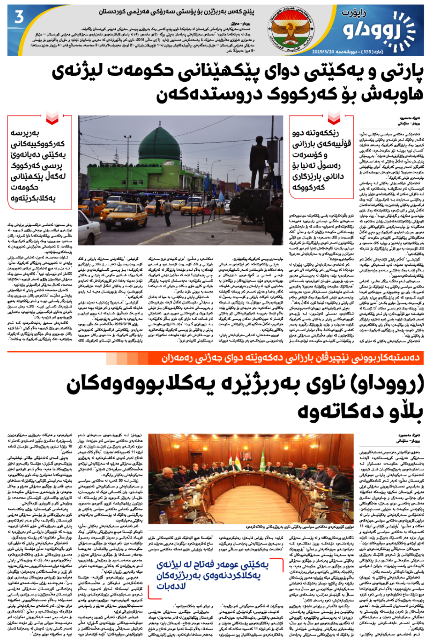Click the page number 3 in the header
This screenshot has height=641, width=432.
(19, 17)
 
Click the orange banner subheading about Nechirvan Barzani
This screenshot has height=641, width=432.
(290, 358)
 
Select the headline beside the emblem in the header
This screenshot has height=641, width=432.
(176, 12)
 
